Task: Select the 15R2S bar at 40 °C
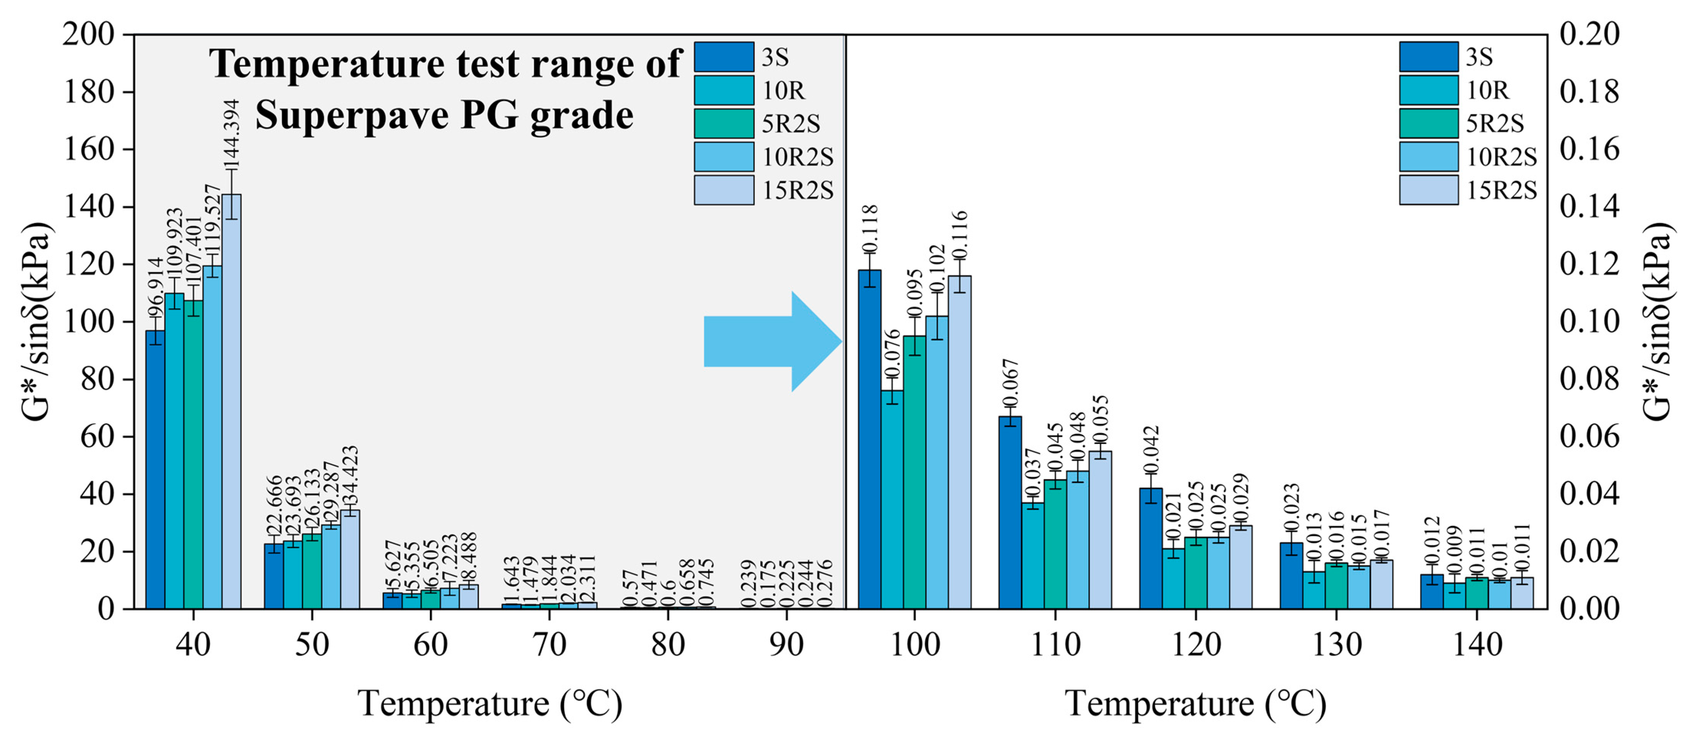[x=231, y=401]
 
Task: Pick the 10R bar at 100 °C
[x=892, y=499]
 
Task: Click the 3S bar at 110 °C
[x=1010, y=512]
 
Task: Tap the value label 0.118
[x=870, y=228]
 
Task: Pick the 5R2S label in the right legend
[x=1495, y=123]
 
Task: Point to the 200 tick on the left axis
[x=88, y=34]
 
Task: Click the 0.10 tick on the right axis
[x=1589, y=322]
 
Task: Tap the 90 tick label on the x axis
[x=786, y=645]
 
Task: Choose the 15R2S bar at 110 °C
[x=1100, y=529]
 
